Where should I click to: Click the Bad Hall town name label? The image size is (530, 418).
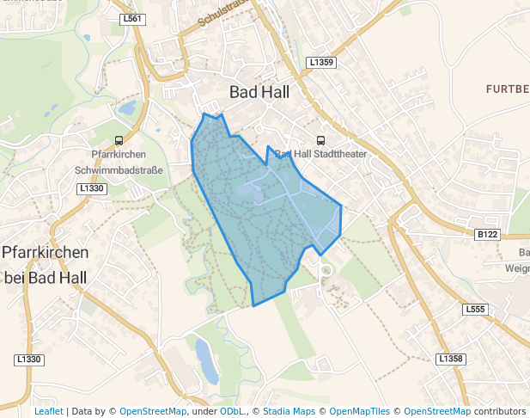pyautogui.click(x=259, y=91)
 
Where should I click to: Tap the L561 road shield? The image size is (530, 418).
pyautogui.click(x=133, y=18)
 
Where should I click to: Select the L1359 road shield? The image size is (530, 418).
pyautogui.click(x=320, y=63)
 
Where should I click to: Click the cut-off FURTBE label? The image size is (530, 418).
pyautogui.click(x=507, y=89)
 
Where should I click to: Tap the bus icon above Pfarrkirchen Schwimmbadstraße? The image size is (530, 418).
pyautogui.click(x=119, y=140)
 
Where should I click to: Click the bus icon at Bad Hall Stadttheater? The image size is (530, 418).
pyautogui.click(x=321, y=140)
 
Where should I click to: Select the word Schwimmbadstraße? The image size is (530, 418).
pyautogui.click(x=119, y=170)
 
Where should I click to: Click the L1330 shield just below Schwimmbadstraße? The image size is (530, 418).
pyautogui.click(x=91, y=187)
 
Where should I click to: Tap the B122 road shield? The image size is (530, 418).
pyautogui.click(x=487, y=234)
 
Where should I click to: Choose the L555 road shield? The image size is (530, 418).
pyautogui.click(x=474, y=309)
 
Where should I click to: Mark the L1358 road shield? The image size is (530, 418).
pyautogui.click(x=450, y=358)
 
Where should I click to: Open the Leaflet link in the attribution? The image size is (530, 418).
pyautogui.click(x=48, y=411)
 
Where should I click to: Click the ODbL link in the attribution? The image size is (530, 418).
pyautogui.click(x=231, y=411)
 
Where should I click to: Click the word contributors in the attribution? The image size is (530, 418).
pyautogui.click(x=499, y=411)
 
